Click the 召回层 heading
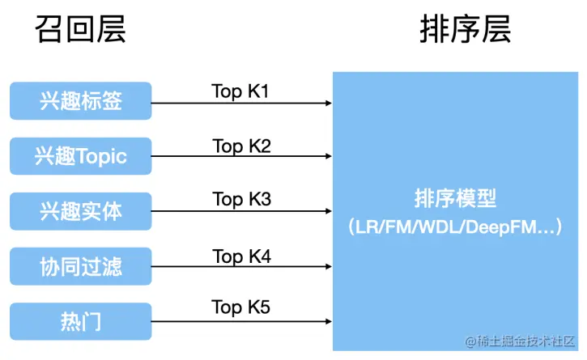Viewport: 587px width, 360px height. click(80, 29)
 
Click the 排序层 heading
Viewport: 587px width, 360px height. click(466, 29)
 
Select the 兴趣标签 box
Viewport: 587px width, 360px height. click(80, 100)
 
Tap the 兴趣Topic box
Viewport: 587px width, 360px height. click(80, 156)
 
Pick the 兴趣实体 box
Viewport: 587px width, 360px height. click(80, 211)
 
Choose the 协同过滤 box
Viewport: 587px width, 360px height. click(80, 266)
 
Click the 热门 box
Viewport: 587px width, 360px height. click(80, 321)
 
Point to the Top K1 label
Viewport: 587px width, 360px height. click(240, 91)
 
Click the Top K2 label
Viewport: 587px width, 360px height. click(241, 146)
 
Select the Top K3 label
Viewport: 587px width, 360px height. click(241, 200)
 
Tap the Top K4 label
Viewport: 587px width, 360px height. click(241, 256)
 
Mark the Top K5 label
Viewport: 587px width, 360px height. click(240, 307)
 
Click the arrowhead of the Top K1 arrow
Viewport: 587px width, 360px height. click(329, 103)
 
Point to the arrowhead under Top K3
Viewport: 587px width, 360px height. click(329, 211)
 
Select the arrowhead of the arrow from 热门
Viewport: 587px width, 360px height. click(329, 321)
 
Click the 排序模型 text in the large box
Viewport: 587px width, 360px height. click(455, 198)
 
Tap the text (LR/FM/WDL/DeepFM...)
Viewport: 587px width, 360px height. click(455, 227)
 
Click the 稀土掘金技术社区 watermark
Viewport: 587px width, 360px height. click(520, 341)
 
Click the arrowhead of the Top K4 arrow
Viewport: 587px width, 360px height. click(329, 266)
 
